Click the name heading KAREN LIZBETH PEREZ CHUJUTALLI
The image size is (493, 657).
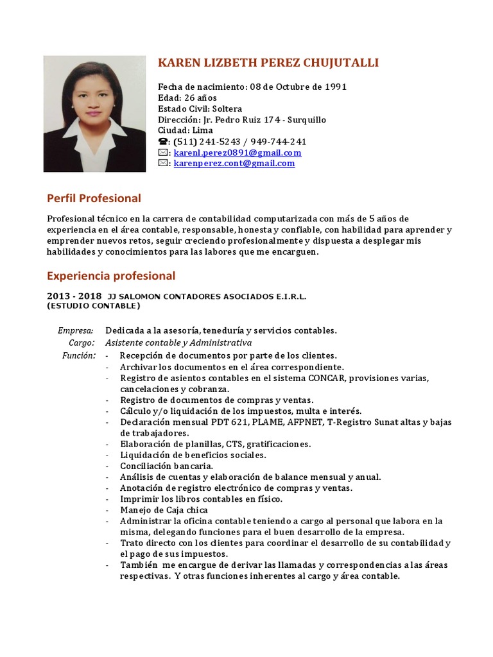268,62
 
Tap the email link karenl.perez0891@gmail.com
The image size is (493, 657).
238,153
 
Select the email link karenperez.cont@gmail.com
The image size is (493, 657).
234,163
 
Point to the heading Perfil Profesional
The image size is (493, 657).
94,198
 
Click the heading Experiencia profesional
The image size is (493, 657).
111,276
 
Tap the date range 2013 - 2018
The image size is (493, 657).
74,296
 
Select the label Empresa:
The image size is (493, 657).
75,330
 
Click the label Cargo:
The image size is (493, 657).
82,343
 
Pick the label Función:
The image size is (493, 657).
79,355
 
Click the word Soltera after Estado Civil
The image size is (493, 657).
227,109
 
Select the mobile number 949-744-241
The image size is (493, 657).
280,142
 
